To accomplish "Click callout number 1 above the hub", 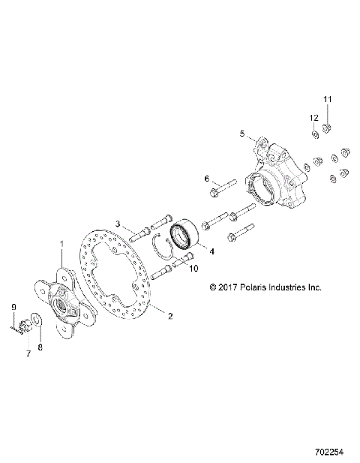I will pos(61,245).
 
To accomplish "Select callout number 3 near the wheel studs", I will pos(118,224).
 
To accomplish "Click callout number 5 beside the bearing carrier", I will pos(242,134).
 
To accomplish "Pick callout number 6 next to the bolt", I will pos(206,178).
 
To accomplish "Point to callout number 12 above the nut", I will pos(314,117).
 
